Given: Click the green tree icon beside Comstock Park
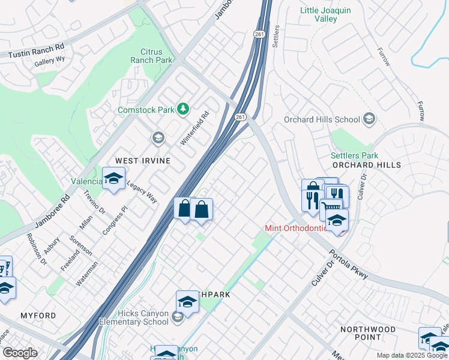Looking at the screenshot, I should (x=183, y=109).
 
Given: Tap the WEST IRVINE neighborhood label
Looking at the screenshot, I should (x=143, y=161).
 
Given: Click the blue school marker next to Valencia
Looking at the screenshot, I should (x=113, y=179).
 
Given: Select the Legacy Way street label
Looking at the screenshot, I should (x=142, y=192).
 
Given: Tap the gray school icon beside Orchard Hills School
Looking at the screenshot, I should (x=369, y=119).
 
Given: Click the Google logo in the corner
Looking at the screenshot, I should (x=20, y=352).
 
